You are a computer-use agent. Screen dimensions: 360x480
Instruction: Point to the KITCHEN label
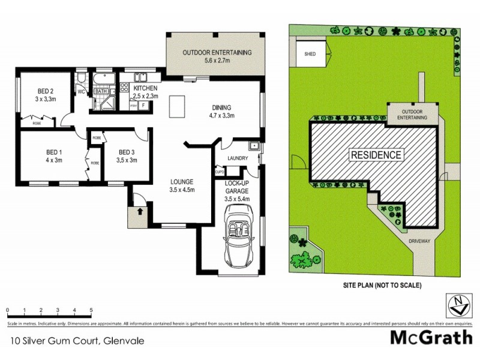(145, 88)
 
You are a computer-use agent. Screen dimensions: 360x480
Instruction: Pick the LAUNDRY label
(237, 159)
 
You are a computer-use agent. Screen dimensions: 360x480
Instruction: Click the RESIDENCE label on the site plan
(376, 155)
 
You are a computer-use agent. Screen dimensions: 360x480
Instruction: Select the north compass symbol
(458, 305)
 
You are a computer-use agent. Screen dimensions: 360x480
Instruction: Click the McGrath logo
(431, 337)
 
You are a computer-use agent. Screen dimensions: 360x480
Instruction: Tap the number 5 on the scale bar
(91, 310)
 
